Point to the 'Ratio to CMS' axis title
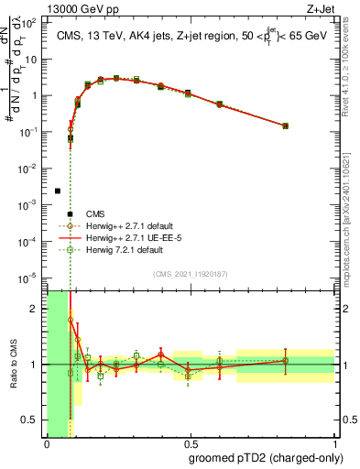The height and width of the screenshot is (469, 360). click(12, 365)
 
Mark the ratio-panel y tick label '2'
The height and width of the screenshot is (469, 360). click(37, 309)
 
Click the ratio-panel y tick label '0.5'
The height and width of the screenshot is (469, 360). click(30, 420)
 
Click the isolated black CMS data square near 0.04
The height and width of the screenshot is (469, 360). click(58, 191)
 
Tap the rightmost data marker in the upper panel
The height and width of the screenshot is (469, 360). click(286, 125)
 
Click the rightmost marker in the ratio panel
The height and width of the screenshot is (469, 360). click(286, 360)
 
